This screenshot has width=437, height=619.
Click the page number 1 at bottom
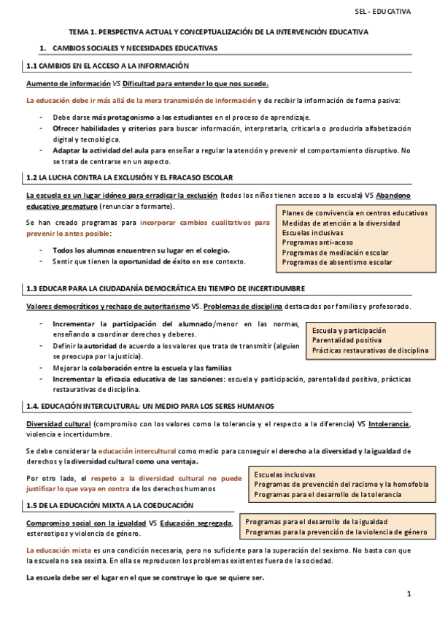409,596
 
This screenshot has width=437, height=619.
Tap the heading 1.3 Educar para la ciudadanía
165,288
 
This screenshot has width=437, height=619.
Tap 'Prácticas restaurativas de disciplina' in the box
371,350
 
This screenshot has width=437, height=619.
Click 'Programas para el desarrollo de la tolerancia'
327,494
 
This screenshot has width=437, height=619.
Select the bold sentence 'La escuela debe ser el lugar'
144,577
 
